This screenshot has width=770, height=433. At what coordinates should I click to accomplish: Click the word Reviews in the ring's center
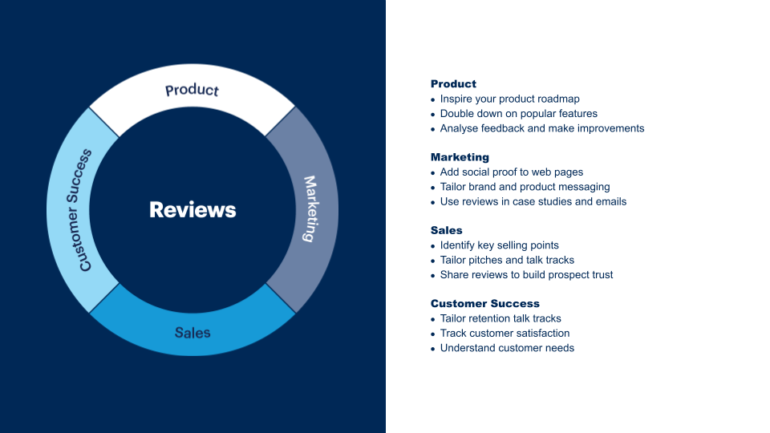(192, 210)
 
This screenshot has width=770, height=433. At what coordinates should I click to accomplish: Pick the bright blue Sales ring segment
(192, 331)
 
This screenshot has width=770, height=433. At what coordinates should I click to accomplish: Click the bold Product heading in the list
(453, 84)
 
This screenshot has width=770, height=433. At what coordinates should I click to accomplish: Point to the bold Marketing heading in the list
(460, 157)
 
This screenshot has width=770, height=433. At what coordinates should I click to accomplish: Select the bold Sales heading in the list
(446, 230)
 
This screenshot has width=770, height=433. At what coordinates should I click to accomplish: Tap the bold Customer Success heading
(484, 304)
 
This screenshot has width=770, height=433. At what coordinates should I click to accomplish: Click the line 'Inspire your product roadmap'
(509, 99)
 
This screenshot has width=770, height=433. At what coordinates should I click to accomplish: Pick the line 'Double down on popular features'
(518, 114)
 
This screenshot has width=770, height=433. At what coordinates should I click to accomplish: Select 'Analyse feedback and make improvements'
(542, 128)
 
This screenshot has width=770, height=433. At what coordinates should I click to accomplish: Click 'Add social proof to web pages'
(512, 172)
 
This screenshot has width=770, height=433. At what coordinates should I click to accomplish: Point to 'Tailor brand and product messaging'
(525, 187)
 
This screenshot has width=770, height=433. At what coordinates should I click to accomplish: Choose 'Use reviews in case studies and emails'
(533, 201)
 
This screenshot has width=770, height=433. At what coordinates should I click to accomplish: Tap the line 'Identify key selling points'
(500, 245)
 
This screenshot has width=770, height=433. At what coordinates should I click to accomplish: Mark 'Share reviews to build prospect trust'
(526, 275)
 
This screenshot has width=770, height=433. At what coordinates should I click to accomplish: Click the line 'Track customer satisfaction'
(505, 334)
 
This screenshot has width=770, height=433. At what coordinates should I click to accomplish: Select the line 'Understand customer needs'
(507, 348)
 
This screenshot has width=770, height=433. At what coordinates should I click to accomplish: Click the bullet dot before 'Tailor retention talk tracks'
(433, 320)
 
